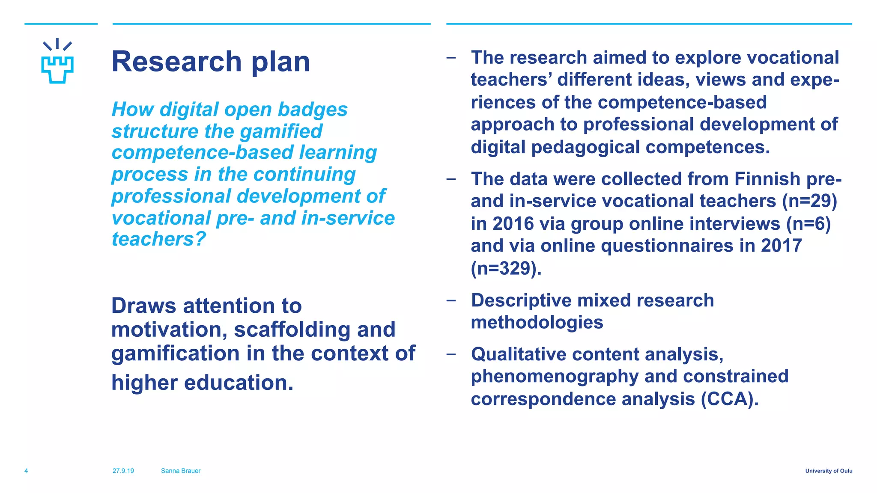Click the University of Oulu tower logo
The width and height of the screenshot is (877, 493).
[x=57, y=62]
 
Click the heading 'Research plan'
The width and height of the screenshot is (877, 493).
[x=210, y=62]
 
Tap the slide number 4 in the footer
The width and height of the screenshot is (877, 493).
[x=26, y=471]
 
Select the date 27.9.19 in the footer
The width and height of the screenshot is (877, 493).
[x=123, y=471]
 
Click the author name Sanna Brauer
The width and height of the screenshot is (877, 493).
[x=181, y=471]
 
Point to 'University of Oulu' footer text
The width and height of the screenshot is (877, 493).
[x=829, y=471]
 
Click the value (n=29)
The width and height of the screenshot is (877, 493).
[x=809, y=201]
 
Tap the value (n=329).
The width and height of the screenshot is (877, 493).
[x=506, y=269]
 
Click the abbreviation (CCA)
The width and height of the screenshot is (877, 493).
[x=730, y=399]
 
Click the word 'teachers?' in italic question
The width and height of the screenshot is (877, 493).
[x=159, y=239]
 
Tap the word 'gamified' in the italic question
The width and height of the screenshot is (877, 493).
[x=281, y=131]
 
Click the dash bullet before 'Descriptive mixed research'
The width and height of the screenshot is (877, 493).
[x=450, y=300]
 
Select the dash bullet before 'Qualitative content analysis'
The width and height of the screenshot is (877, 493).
[x=450, y=354]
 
